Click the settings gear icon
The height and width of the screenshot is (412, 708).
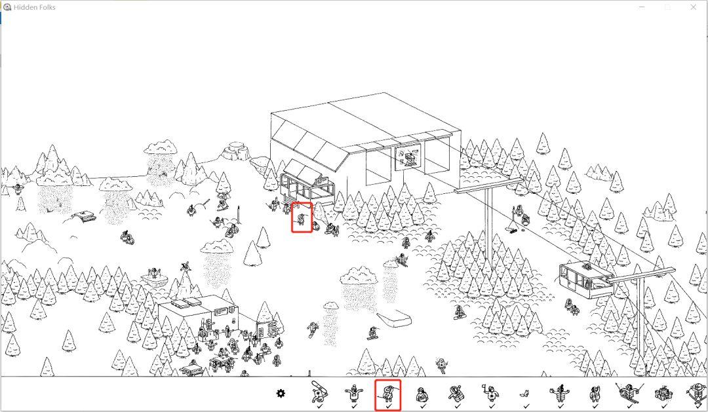[x=281, y=394]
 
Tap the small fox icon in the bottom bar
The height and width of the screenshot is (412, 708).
[x=524, y=394]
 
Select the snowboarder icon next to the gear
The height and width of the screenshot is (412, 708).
[x=319, y=392]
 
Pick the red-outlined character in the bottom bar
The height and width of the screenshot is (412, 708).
[x=387, y=394]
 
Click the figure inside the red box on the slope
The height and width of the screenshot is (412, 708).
[x=301, y=219]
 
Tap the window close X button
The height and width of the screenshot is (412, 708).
[x=694, y=7]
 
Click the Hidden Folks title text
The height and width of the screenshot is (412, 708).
[x=35, y=7]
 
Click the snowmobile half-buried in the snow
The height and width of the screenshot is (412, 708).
[x=84, y=215]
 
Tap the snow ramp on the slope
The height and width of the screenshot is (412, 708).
[x=394, y=319]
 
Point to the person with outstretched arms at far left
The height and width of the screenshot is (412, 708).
[x=18, y=189]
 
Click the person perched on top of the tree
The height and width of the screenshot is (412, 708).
[x=184, y=267]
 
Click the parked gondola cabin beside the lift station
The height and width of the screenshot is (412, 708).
[x=307, y=187]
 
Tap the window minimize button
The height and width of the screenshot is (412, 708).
[x=642, y=7]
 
